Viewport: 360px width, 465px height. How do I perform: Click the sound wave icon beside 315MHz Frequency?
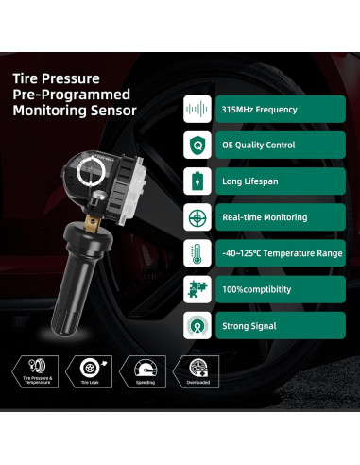(197, 108)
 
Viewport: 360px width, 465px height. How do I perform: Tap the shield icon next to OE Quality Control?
(197, 144)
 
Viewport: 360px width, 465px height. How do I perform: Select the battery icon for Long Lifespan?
(197, 180)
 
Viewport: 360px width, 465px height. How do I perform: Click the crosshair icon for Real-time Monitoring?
(197, 216)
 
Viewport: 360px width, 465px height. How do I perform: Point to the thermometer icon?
(197, 252)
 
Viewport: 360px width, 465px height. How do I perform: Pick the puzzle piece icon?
(197, 288)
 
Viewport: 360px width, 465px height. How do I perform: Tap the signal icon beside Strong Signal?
(197, 324)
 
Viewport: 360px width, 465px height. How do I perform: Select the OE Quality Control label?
(259, 145)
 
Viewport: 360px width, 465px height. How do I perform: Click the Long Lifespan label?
(250, 181)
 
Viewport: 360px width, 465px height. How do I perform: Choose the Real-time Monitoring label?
(264, 217)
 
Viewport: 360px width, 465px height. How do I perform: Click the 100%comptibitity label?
(257, 289)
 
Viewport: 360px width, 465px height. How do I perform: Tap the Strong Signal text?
(250, 325)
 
